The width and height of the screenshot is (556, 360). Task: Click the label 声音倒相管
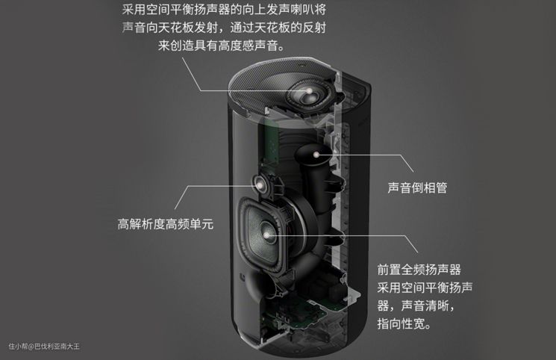click(x=417, y=187)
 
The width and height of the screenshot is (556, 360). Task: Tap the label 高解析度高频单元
click(x=166, y=224)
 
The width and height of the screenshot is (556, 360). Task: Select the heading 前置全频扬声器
click(x=419, y=270)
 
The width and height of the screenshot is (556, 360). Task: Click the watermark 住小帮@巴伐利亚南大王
click(x=44, y=346)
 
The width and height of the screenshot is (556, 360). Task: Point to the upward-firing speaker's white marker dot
click(x=309, y=91)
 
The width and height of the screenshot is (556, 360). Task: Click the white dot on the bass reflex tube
click(x=316, y=155)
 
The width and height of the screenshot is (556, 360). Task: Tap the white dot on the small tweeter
click(x=260, y=184)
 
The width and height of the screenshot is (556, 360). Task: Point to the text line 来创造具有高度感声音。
click(x=222, y=46)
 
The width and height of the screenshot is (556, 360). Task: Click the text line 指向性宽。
click(x=404, y=324)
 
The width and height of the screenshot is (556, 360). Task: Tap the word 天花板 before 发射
click(x=175, y=28)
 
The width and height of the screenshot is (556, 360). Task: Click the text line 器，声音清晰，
click(x=416, y=305)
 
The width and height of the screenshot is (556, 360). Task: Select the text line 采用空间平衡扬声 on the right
click(x=425, y=288)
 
